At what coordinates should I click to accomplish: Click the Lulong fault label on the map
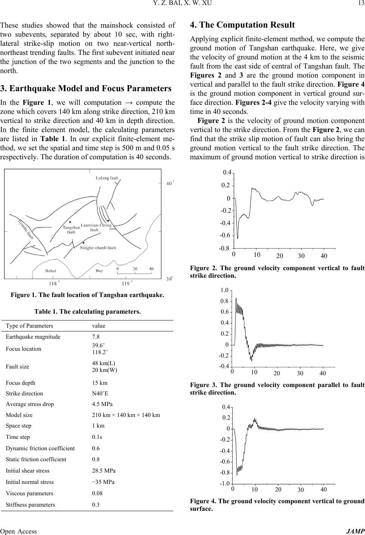click(x=107, y=177)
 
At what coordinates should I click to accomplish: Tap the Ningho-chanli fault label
click(x=98, y=248)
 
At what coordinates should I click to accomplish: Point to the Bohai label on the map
click(x=51, y=271)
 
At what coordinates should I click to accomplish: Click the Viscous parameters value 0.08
click(x=98, y=493)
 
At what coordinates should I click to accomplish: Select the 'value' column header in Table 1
click(x=99, y=326)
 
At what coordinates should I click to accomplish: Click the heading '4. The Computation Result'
click(x=242, y=25)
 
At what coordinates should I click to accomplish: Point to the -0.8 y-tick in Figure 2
click(x=224, y=248)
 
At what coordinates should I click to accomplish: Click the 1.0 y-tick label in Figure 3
click(x=224, y=291)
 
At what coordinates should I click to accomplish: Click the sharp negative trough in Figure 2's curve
click(x=238, y=238)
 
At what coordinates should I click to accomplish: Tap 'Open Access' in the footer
click(x=19, y=531)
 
